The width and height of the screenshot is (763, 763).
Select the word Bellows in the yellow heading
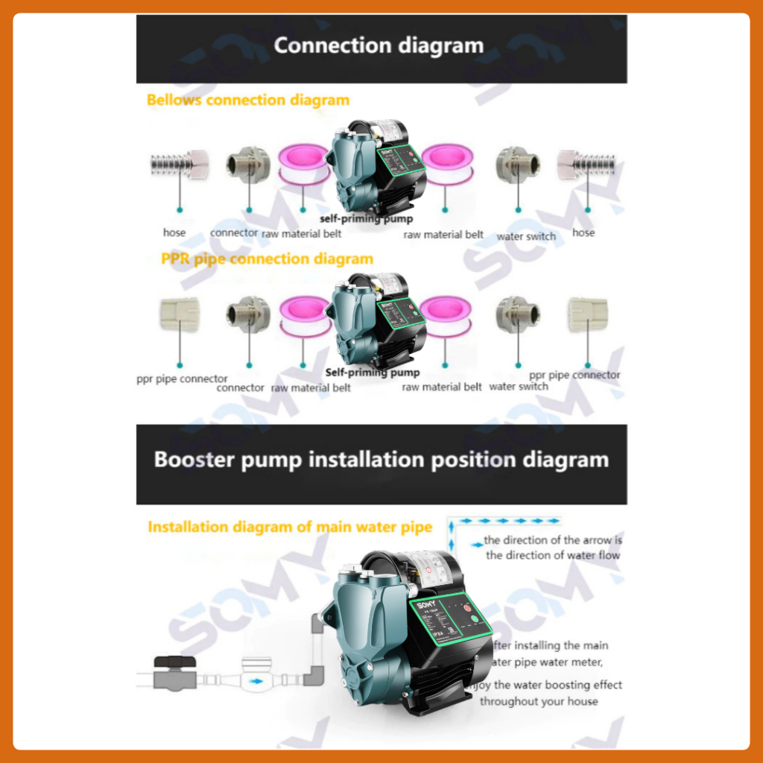pos(174,100)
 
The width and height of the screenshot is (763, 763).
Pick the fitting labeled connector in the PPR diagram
pos(248,314)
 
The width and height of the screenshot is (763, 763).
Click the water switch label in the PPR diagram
pos(519,387)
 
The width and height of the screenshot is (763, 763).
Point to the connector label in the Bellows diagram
pos(234,232)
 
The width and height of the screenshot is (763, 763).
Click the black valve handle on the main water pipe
pos(170,662)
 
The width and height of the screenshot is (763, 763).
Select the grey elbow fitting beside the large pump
pos(314,674)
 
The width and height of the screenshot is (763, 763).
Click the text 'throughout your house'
pos(539,701)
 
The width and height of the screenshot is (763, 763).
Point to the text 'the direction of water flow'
pos(553,555)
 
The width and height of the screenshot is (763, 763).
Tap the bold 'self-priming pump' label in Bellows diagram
pos(366,219)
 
